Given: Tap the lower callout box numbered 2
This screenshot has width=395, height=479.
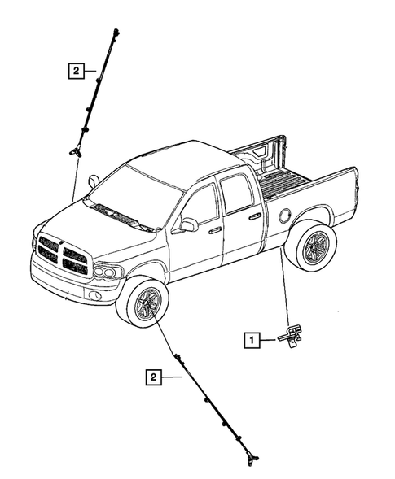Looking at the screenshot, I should point(153,377).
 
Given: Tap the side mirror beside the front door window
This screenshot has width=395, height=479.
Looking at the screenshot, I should point(188,224).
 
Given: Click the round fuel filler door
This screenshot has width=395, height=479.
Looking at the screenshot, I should point(284,216).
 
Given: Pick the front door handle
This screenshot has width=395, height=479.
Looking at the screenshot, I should point(214,230).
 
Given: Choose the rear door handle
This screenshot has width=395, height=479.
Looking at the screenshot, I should point(254,216).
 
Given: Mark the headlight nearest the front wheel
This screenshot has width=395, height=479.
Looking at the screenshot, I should point(108,271).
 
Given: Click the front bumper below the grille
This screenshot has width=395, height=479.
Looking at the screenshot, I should point(69,281).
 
